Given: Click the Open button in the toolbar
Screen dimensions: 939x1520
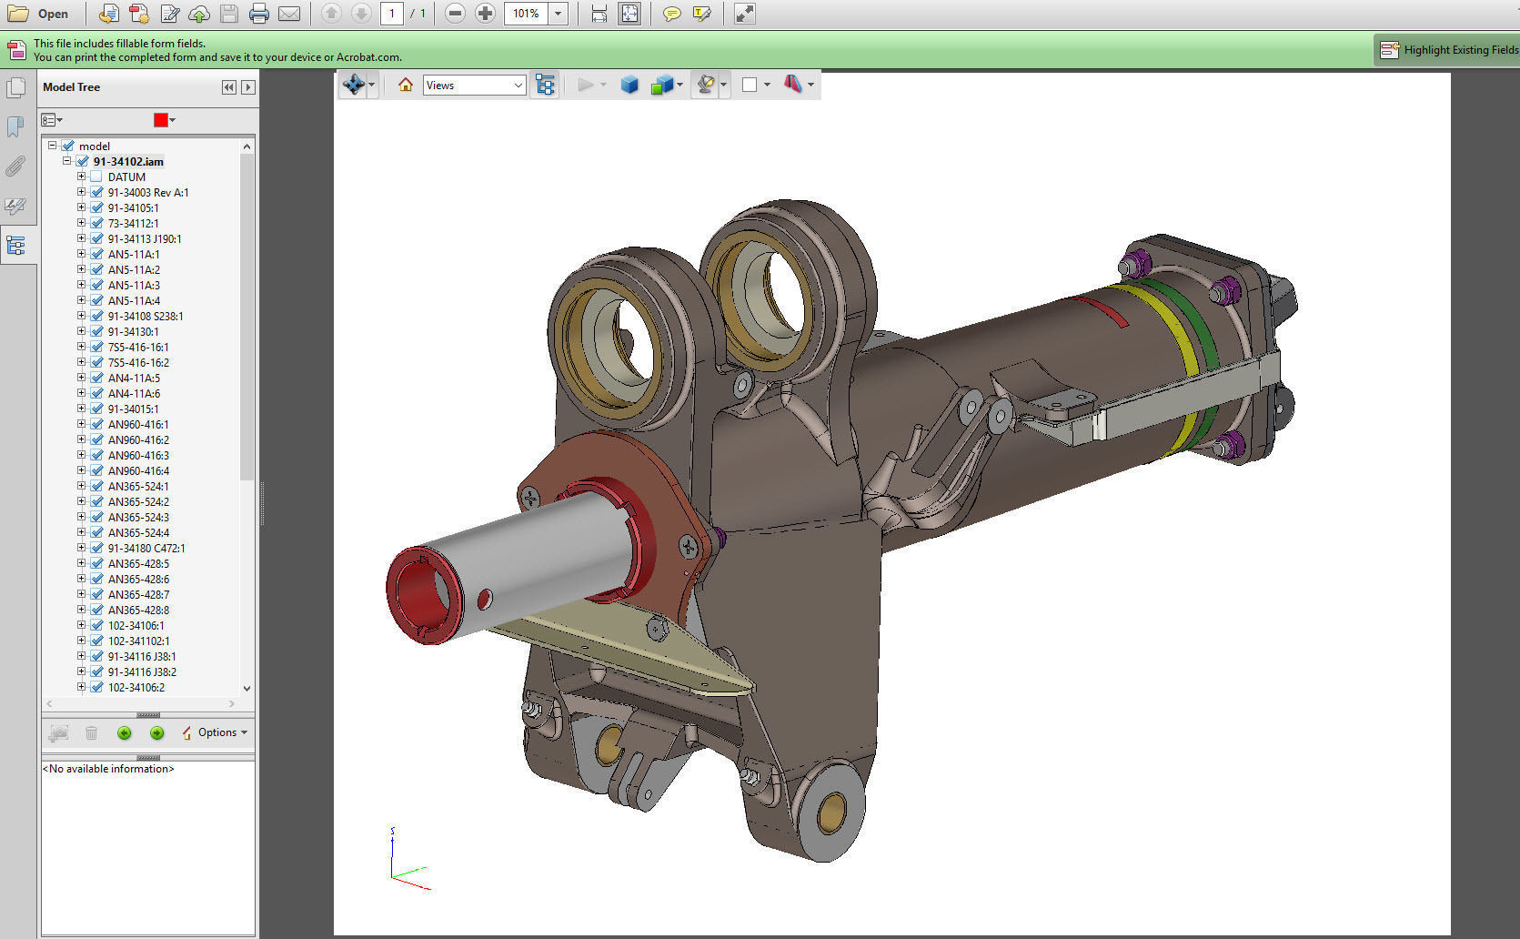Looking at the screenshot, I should (38, 14).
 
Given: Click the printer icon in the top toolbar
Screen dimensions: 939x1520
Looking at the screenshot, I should (259, 14).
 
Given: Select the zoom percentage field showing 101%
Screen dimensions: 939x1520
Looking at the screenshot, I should (526, 14).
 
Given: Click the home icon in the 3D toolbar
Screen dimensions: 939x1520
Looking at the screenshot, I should (406, 85).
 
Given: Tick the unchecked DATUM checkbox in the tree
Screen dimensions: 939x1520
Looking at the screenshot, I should (96, 177).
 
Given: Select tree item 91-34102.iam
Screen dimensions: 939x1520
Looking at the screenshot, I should (128, 161).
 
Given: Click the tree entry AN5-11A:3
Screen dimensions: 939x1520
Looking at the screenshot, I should (133, 285).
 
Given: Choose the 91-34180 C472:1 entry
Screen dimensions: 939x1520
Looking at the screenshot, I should (146, 548).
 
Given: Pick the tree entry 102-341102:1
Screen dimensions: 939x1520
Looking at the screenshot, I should (138, 641).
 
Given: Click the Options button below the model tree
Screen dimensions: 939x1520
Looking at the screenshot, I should (215, 732).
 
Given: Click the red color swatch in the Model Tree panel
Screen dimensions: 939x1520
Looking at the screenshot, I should (161, 120).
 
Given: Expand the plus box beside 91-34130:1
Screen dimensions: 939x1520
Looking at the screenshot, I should (81, 331).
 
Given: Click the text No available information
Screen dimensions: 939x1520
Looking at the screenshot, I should (107, 769).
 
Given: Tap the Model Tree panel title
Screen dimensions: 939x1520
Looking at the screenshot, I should (71, 87).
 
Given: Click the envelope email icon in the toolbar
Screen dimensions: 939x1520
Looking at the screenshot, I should (289, 14).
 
